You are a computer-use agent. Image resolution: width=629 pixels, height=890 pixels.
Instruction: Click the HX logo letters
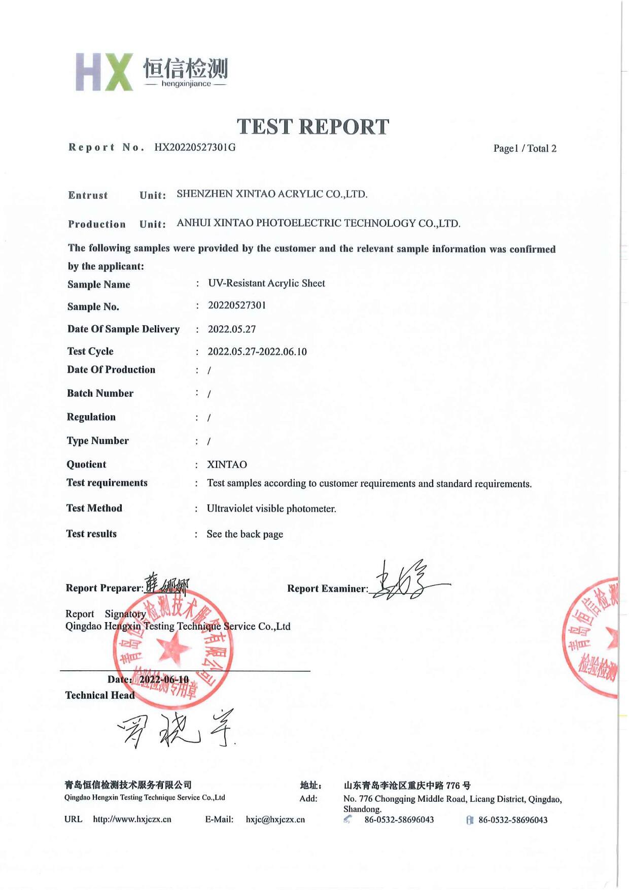point(104,72)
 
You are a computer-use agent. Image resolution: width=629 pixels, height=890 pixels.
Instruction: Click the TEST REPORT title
point(313,127)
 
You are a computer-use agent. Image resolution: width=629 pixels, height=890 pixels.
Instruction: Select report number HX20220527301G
point(195,148)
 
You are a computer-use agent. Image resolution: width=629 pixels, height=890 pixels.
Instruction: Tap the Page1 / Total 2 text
point(525,149)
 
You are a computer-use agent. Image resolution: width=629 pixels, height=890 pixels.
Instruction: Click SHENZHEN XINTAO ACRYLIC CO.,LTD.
point(272,194)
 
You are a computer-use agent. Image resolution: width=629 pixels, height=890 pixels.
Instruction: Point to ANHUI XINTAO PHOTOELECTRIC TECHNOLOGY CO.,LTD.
point(319,223)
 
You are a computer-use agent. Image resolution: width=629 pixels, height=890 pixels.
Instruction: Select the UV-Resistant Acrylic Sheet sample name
point(266,283)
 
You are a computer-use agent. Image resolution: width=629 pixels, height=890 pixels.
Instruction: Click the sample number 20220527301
point(237,305)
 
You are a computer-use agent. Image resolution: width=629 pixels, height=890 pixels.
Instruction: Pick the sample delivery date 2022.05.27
point(232,329)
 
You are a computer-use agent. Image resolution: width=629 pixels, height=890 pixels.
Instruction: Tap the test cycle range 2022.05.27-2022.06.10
point(257,352)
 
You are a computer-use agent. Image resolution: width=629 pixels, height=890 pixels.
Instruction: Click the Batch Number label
point(100,393)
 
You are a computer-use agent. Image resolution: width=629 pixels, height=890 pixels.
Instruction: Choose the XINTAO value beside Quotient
point(227,465)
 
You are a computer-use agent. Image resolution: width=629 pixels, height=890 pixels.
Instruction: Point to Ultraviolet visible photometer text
point(271,508)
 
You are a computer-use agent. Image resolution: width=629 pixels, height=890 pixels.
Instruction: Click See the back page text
point(245,534)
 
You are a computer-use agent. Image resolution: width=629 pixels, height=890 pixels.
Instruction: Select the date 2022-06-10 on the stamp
point(164,679)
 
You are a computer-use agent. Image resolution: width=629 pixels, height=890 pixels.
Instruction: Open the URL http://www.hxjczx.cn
point(132,819)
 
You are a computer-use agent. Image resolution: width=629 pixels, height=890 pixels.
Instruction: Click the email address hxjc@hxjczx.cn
point(275,819)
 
